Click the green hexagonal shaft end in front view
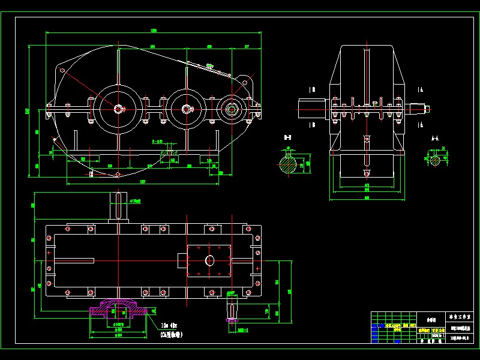[230, 109]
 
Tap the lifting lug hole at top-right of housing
[244, 81]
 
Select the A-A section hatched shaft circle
[434, 160]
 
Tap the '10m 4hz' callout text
[170, 326]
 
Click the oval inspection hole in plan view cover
[209, 260]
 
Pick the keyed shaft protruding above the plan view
[118, 208]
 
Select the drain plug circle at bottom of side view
[364, 173]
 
